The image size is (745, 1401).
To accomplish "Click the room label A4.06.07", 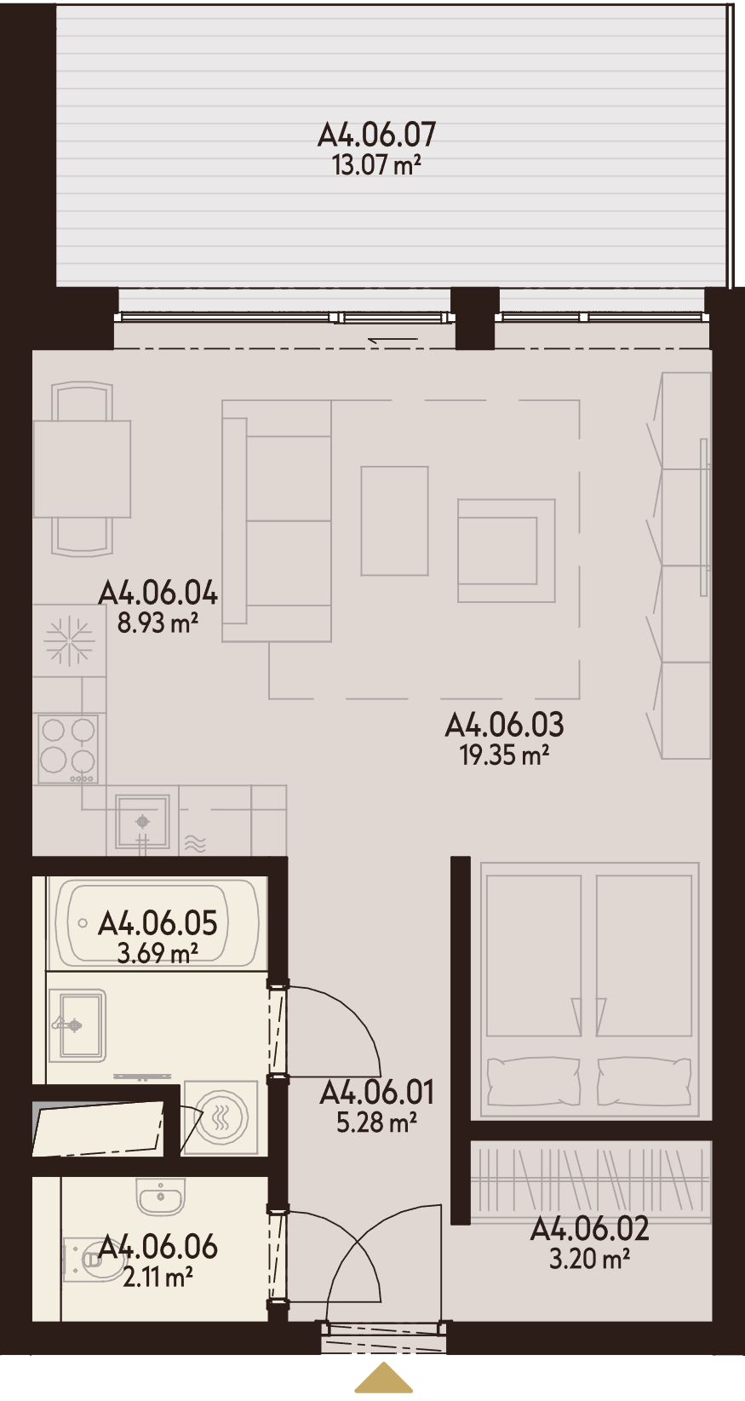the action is click(376, 135).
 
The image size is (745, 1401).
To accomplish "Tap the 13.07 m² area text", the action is click(375, 166).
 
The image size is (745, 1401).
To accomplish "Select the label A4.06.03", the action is click(504, 725).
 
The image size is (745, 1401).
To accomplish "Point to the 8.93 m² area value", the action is click(158, 623).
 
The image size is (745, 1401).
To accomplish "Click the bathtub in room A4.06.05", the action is click(157, 922).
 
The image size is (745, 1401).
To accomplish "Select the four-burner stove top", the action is click(68, 749).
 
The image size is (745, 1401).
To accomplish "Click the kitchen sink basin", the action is click(143, 821).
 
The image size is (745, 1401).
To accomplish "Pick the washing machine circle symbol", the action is click(221, 1117).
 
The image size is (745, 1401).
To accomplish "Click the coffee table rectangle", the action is click(394, 520).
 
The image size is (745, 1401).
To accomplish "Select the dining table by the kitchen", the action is click(82, 469).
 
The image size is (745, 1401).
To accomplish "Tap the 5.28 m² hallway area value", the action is click(376, 1123).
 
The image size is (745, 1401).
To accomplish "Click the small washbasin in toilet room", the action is click(161, 1197).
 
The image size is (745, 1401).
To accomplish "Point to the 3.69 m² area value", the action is click(158, 953).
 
